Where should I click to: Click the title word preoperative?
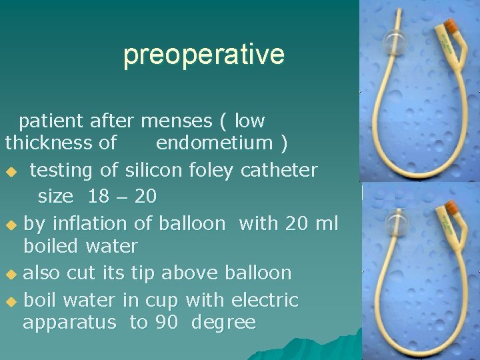(204, 55)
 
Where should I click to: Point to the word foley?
(198, 171)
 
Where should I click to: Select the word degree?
(223, 323)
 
